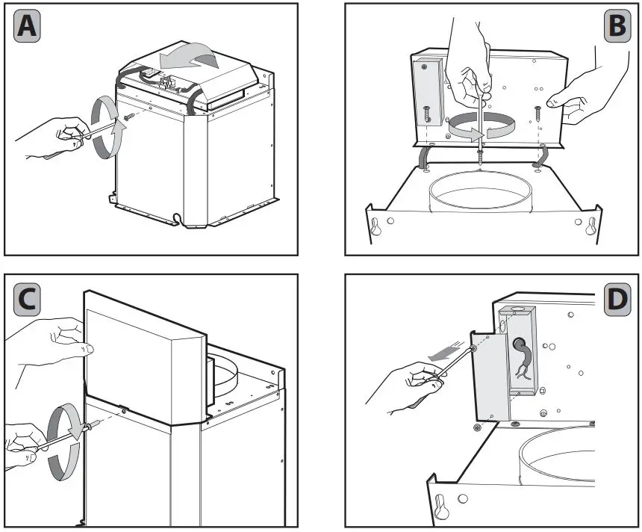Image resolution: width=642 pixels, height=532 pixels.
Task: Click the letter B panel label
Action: point(617,26)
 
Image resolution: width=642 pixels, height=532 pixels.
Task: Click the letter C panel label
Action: point(26,300)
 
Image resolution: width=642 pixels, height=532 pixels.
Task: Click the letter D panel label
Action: point(617,300)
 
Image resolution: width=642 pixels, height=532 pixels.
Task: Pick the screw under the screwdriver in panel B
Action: point(478,154)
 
